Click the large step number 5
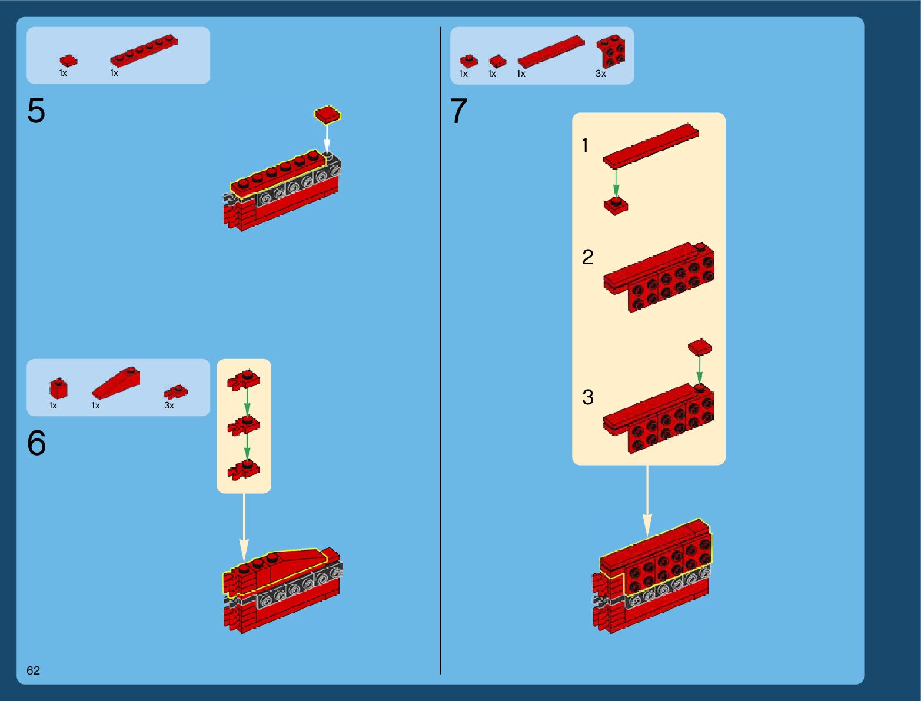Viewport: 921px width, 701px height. pos(36,110)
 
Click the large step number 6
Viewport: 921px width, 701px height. pos(36,443)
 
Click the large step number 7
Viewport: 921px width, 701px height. pos(458,110)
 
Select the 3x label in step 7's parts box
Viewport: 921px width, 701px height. pos(600,74)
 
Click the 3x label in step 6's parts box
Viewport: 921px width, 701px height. pos(169,406)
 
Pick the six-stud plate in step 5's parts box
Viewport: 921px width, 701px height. pos(144,51)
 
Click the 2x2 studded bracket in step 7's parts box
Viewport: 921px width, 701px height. pos(611,51)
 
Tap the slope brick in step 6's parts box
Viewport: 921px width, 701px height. pos(116,383)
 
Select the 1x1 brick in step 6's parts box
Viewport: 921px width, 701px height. pos(58,388)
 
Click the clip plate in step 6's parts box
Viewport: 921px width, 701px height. pos(175,392)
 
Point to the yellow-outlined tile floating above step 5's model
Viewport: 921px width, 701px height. pos(328,115)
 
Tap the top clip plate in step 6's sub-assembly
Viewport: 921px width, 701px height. pos(244,380)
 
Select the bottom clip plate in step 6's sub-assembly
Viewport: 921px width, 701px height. pos(244,470)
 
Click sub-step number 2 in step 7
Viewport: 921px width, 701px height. pos(587,257)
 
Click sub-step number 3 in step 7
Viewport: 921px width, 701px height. pos(588,397)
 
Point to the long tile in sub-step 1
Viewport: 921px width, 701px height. pos(651,146)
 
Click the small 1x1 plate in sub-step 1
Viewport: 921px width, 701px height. pos(616,206)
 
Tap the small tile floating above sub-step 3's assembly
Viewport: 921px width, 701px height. pos(700,347)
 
